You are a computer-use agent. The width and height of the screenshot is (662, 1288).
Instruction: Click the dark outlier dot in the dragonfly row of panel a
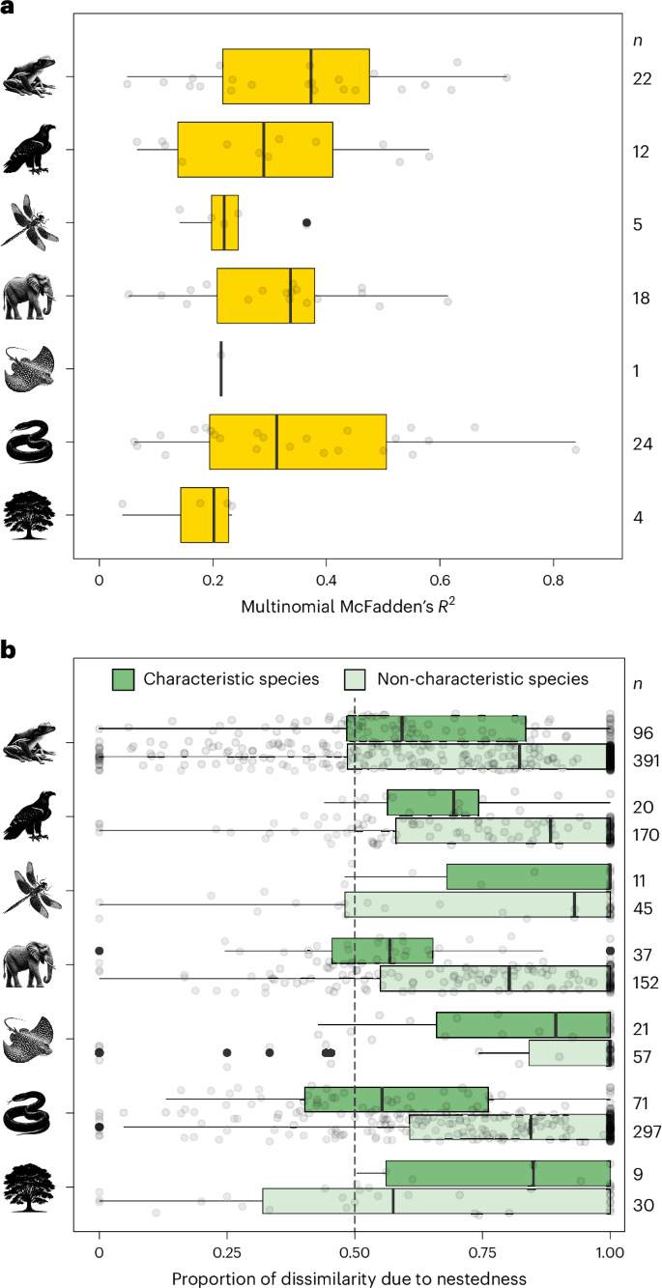pyautogui.click(x=306, y=223)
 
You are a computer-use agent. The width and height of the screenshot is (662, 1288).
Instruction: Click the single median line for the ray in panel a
pyautogui.click(x=221, y=368)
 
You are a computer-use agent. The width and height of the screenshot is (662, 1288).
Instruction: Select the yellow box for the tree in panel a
pyautogui.click(x=204, y=515)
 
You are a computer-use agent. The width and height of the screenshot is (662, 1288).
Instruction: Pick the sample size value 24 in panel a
pyautogui.click(x=639, y=443)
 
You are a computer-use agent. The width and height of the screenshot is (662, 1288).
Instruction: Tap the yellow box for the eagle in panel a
pyautogui.click(x=255, y=150)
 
